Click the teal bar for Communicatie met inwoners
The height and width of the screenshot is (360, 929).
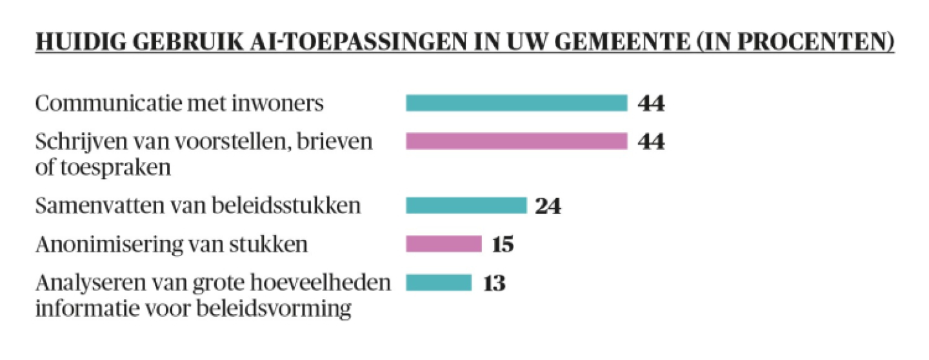[516, 103]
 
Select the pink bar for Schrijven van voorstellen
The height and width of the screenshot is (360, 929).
[516, 141]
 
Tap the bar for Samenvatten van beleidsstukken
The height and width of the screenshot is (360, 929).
[466, 206]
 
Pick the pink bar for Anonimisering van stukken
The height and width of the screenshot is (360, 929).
[443, 245]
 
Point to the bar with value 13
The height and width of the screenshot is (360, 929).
[439, 283]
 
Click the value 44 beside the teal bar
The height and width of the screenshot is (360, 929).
[651, 103]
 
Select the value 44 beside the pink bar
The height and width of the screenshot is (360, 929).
[651, 141]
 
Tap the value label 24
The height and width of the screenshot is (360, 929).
[548, 206]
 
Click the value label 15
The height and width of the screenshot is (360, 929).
[503, 245]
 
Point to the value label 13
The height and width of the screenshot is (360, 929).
[494, 284]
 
